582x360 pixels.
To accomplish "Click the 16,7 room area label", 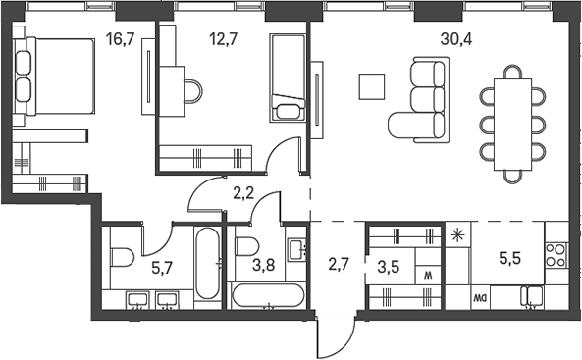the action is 120,38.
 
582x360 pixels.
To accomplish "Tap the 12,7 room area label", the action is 223,38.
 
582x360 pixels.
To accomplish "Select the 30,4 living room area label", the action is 456,38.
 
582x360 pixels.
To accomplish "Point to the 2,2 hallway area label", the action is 243,193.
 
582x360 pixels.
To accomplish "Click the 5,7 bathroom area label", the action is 162,267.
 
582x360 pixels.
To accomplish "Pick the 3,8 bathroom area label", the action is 264,266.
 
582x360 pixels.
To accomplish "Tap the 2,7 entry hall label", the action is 339,266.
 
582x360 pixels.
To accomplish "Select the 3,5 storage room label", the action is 389,267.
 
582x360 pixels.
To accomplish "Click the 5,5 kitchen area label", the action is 510,258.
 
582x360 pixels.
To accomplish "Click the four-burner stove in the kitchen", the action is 556,255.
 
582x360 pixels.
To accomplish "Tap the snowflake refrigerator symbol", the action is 458,234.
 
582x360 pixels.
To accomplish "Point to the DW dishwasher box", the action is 480,297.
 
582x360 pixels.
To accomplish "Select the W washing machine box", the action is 428,276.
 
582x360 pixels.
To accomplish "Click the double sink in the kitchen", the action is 532,297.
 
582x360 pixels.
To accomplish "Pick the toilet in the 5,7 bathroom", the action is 122,257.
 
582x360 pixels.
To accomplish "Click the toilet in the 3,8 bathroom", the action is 246,246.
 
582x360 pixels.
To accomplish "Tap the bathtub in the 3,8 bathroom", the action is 268,296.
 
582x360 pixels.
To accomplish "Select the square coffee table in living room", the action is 372,86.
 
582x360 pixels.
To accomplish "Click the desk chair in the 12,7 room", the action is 193,91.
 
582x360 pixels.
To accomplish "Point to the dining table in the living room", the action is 512,125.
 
